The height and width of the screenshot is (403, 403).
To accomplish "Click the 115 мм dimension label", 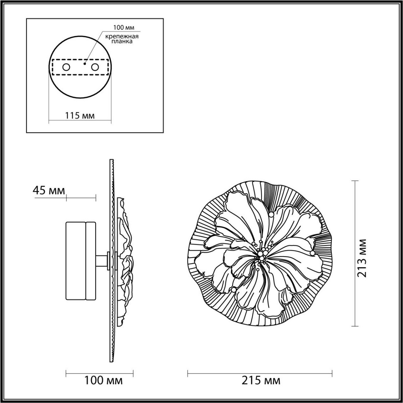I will click(80, 116).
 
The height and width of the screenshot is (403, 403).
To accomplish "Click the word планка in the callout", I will click(120, 42).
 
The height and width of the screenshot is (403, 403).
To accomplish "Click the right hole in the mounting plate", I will click(95, 67).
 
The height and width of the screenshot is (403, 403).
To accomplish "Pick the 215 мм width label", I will click(261, 380).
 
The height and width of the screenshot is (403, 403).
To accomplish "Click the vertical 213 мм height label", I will click(361, 258).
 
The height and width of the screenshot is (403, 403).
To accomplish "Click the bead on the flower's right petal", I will click(312, 253).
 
